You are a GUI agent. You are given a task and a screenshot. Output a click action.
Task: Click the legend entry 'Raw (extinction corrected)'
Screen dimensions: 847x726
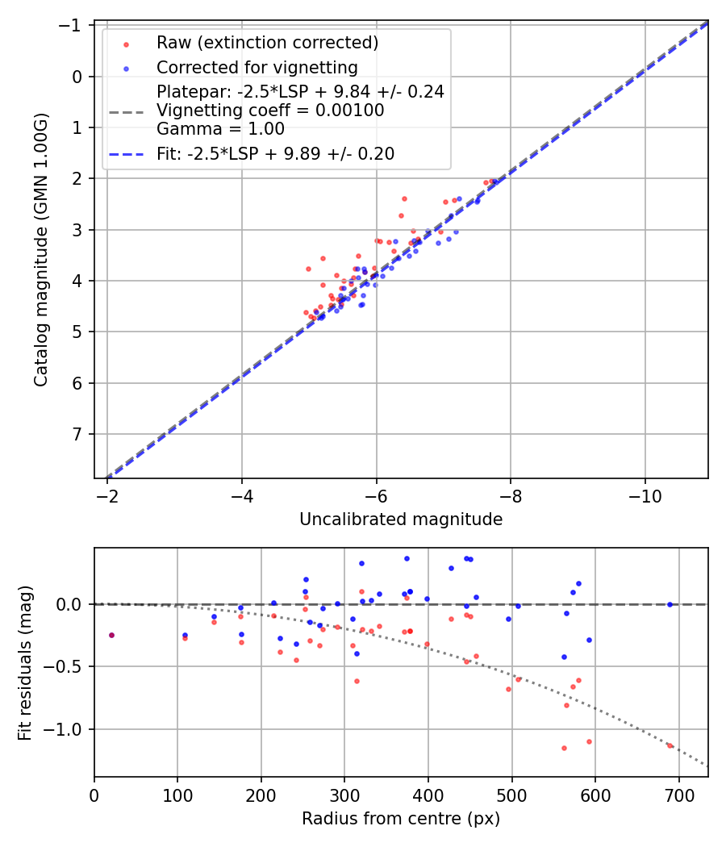pyautogui.click(x=267, y=43)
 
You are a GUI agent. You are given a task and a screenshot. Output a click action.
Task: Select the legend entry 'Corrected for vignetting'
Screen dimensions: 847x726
pyautogui.click(x=257, y=67)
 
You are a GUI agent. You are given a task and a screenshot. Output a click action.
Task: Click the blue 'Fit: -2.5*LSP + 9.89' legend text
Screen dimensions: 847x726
pyautogui.click(x=275, y=154)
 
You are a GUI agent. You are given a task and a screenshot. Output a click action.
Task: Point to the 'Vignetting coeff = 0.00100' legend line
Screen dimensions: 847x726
pyautogui.click(x=270, y=110)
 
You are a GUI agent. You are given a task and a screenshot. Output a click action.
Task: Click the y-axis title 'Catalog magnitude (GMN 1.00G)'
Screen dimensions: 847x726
pyautogui.click(x=41, y=250)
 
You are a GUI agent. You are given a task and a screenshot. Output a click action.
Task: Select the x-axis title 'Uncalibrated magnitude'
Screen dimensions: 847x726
pyautogui.click(x=401, y=519)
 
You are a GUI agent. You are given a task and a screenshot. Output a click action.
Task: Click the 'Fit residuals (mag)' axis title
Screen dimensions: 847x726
pyautogui.click(x=25, y=662)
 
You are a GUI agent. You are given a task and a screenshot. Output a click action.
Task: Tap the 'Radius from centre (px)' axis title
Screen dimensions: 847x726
pyautogui.click(x=401, y=819)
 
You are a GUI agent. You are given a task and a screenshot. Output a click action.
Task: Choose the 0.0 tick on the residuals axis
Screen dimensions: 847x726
pyautogui.click(x=73, y=604)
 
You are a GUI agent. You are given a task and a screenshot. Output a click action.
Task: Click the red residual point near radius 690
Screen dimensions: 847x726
pyautogui.click(x=670, y=745)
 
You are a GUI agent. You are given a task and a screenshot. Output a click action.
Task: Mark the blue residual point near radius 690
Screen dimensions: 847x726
pyautogui.click(x=670, y=604)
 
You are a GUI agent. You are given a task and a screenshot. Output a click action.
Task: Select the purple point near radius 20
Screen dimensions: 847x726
pyautogui.click(x=111, y=635)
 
